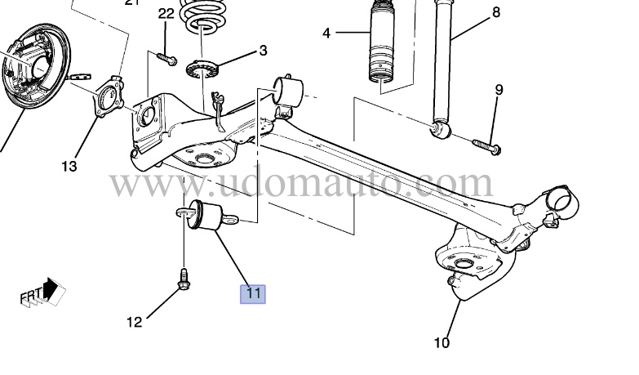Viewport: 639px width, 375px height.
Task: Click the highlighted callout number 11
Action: coord(252,292)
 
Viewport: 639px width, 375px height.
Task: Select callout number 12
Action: coord(134,321)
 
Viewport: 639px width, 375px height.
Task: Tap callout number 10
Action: coord(442,343)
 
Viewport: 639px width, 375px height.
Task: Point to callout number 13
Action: coord(69,166)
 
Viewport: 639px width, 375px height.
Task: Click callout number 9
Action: coord(498,89)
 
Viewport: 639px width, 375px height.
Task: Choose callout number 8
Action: coord(495,12)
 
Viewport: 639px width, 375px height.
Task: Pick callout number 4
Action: coord(326,33)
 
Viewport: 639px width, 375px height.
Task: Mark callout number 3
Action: coord(263,51)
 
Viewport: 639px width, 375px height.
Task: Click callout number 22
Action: coord(166,13)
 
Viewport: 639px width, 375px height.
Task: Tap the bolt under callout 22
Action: coord(166,57)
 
